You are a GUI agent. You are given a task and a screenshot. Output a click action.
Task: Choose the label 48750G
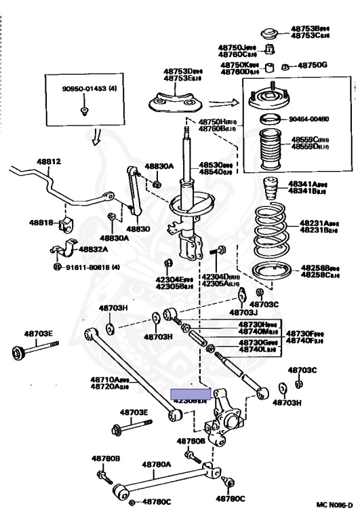click(313, 65)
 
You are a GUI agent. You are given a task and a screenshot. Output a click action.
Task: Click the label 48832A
click(94, 250)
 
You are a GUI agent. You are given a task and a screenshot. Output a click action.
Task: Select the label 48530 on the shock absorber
click(216, 164)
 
